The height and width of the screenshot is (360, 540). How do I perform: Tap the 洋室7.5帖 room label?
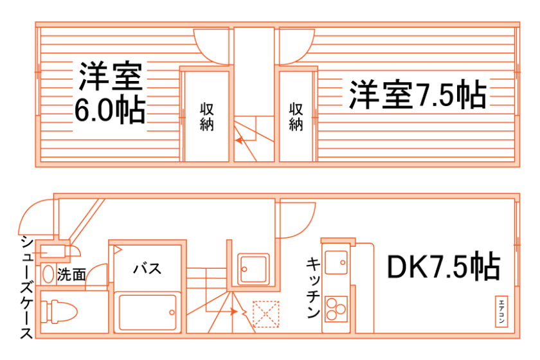coord(417,96)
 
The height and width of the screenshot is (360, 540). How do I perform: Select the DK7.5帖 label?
coord(443,267)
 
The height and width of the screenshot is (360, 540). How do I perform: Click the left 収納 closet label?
coord(206,116)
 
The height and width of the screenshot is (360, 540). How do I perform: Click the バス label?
coord(147,269)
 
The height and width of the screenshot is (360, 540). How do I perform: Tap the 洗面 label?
coord(71,275)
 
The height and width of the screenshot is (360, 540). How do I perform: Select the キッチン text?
coord(313,288)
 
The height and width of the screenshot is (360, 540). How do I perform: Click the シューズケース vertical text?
coord(26,287)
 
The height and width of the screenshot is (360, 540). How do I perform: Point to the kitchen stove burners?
coord(335,309)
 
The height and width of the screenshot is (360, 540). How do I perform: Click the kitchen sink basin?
coord(335,262)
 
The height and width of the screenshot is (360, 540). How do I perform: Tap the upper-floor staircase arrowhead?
coord(239,139)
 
